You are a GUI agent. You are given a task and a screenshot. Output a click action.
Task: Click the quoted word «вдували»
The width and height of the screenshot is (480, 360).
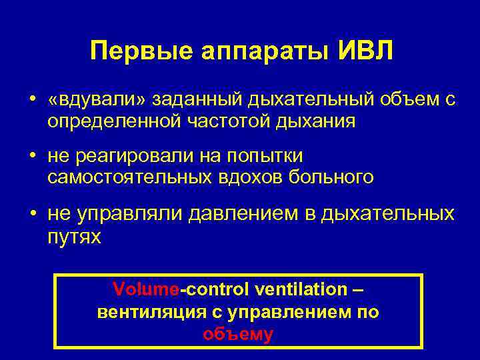[97, 101]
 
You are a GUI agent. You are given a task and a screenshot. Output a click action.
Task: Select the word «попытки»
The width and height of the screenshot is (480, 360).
[265, 157]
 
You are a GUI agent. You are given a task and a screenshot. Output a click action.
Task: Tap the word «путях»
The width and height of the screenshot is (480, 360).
[75, 237]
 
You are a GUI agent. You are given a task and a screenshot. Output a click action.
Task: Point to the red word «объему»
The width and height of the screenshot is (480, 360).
[238, 334]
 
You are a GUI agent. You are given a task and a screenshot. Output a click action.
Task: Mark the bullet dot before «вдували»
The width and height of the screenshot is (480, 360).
[32, 100]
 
